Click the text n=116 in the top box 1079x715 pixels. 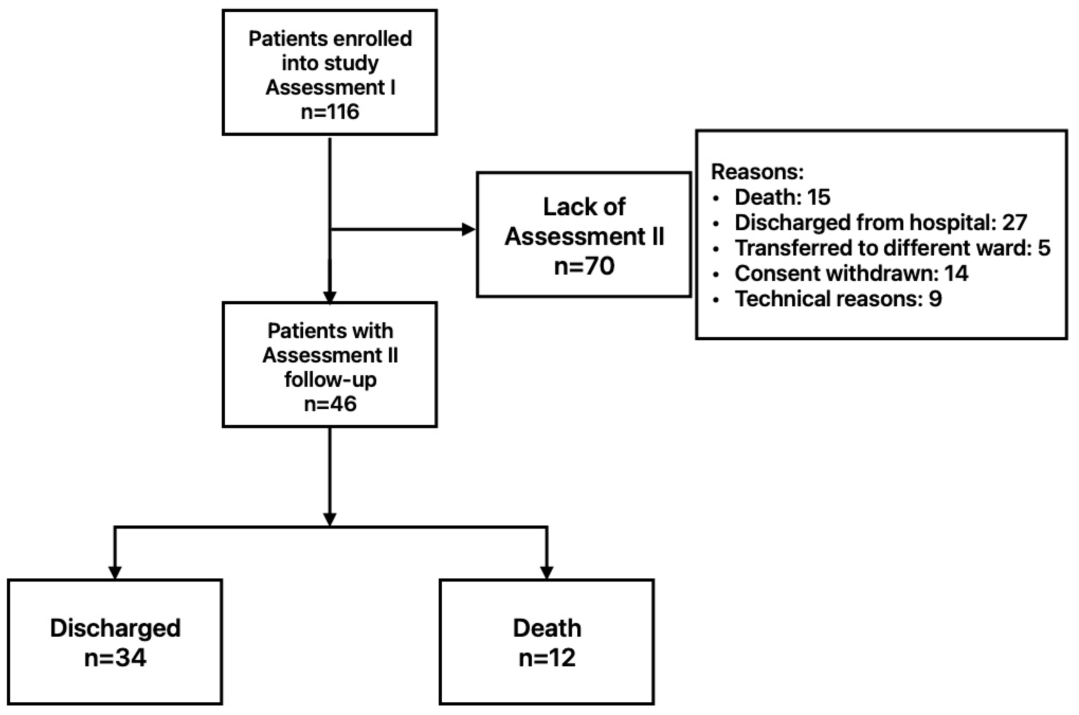(x=330, y=112)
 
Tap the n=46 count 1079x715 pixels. (x=330, y=404)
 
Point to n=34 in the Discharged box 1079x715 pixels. (x=115, y=658)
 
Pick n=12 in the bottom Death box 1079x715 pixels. (x=547, y=658)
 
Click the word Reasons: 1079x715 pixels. (x=757, y=172)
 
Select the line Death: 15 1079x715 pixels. (x=782, y=197)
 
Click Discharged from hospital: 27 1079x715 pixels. (x=880, y=223)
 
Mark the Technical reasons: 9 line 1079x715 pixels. (x=838, y=299)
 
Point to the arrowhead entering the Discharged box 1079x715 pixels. (x=115, y=572)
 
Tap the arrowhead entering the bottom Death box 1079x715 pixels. (x=547, y=572)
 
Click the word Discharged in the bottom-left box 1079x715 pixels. (x=115, y=628)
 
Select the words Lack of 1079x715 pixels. (x=584, y=207)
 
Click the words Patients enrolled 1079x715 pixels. (x=330, y=39)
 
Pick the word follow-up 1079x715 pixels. (x=330, y=379)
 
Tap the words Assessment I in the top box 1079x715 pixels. (x=330, y=88)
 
